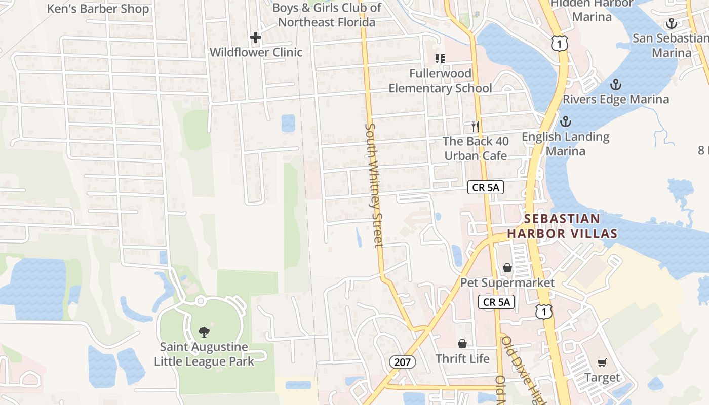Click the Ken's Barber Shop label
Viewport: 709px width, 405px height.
[98, 9]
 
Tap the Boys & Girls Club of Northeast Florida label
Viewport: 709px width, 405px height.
[327, 15]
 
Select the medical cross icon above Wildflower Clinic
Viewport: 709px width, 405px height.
[256, 37]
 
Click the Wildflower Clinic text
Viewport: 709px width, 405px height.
[256, 52]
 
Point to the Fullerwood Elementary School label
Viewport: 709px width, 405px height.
[440, 80]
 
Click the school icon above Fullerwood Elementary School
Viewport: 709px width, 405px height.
[440, 59]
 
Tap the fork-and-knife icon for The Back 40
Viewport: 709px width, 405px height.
[475, 126]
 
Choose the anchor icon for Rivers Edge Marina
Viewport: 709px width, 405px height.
[616, 85]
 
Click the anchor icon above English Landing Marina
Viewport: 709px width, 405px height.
[566, 121]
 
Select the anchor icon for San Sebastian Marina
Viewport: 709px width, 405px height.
[671, 23]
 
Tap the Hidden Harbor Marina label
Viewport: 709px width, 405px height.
[592, 10]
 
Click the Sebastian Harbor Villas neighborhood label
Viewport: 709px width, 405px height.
[562, 226]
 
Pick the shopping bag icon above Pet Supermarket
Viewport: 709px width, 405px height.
[507, 268]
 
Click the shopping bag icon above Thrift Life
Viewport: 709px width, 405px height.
[462, 344]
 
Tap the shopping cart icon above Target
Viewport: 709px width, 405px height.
[602, 362]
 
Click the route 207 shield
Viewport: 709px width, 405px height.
[403, 361]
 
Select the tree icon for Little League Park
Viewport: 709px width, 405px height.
[204, 332]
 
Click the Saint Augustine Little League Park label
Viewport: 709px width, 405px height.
[204, 354]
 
